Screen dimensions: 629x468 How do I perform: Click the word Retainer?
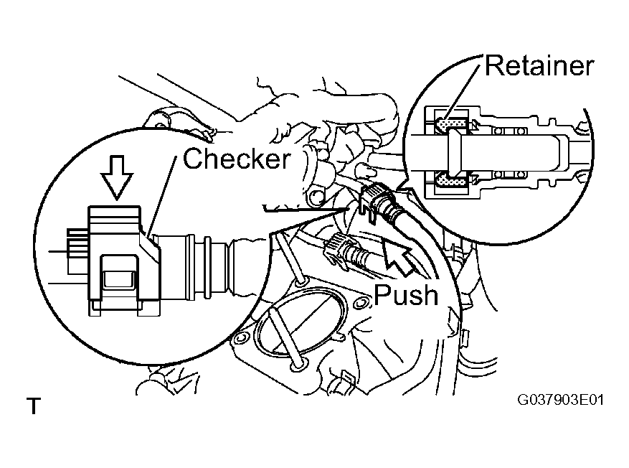(539, 66)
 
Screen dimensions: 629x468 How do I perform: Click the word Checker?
(237, 158)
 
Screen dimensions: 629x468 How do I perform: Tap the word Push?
(406, 295)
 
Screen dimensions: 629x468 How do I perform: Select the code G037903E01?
(560, 400)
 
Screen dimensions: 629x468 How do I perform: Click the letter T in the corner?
(34, 406)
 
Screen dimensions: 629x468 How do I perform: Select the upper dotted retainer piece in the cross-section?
(452, 124)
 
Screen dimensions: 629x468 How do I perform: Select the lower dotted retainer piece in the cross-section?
(452, 181)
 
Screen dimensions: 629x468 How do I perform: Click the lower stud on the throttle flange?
(285, 338)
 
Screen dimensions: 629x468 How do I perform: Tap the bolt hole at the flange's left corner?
(240, 338)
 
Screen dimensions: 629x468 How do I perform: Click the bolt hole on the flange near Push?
(360, 304)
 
